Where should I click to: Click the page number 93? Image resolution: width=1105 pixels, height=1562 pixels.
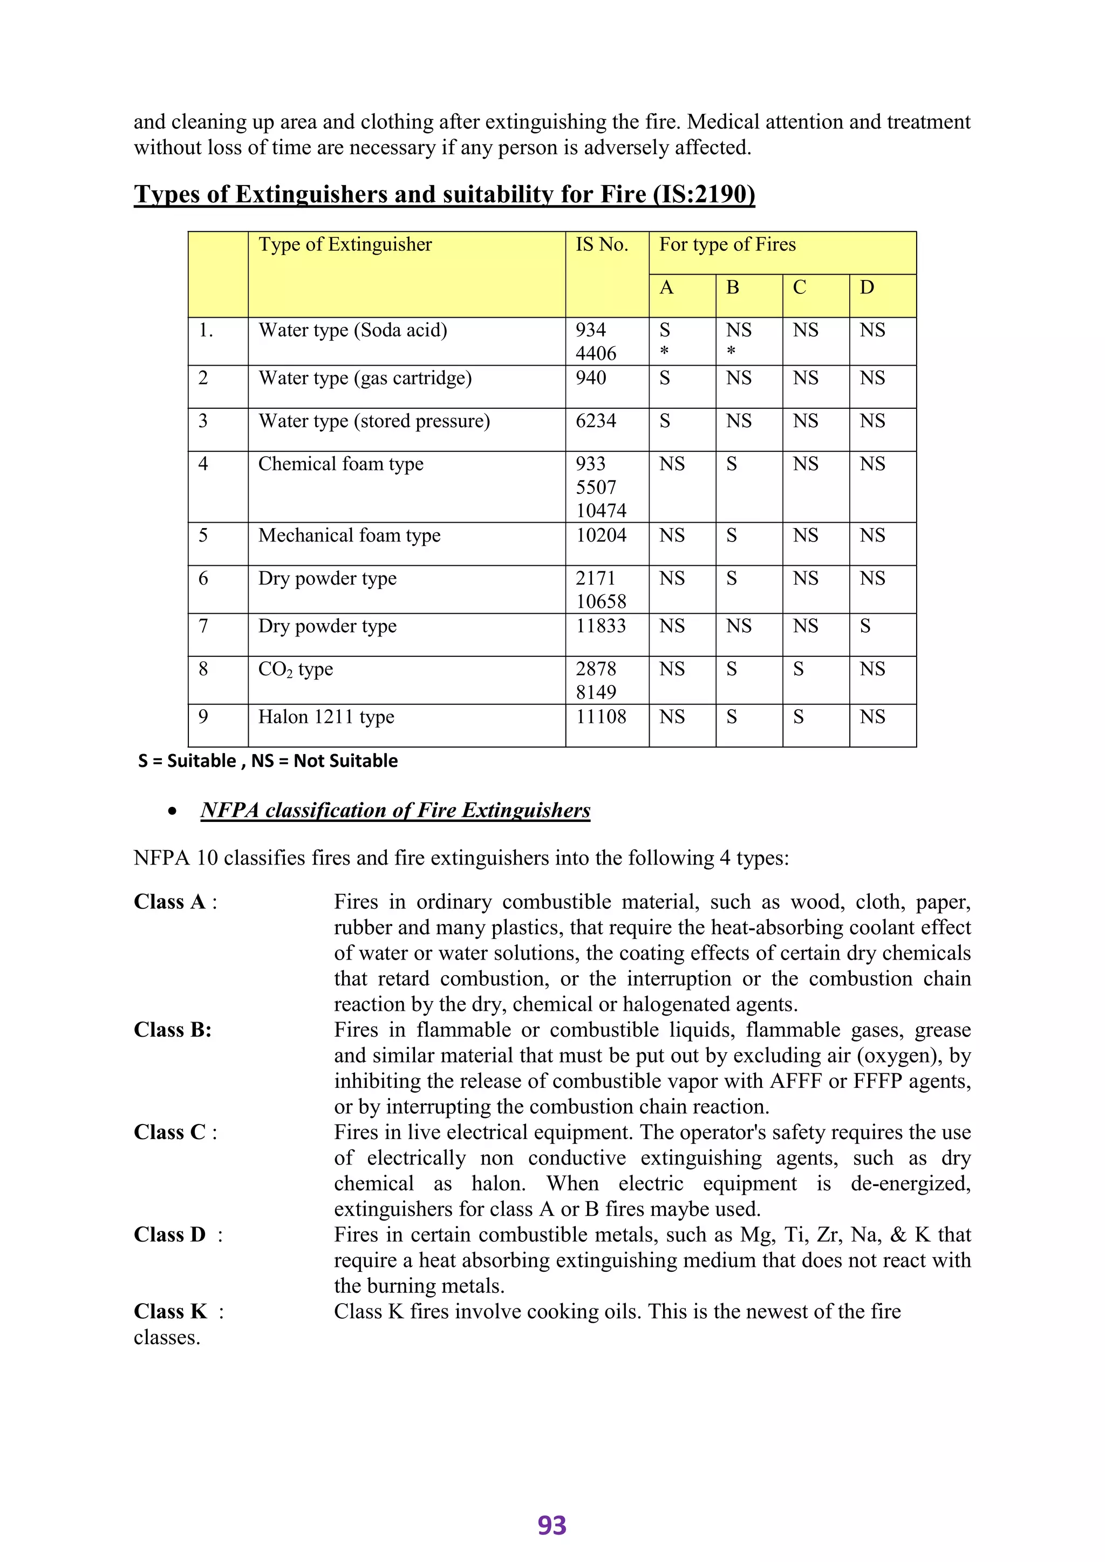click(552, 1525)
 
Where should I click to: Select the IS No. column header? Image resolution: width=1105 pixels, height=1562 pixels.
click(602, 245)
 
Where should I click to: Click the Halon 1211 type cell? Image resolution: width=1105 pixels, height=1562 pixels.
click(326, 717)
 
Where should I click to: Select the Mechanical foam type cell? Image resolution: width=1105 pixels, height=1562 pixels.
click(349, 536)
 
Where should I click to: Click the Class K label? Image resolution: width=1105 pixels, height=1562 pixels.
click(170, 1311)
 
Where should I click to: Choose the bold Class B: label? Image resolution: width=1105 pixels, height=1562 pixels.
click(173, 1030)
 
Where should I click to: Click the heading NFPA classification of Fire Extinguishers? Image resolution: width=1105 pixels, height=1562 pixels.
click(395, 810)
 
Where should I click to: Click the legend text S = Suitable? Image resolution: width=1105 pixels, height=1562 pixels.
click(187, 761)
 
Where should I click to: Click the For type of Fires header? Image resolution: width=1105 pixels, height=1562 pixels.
click(727, 245)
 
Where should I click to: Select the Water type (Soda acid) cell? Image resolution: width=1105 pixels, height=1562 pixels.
click(352, 331)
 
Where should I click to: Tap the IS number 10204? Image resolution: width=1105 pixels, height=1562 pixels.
click(601, 536)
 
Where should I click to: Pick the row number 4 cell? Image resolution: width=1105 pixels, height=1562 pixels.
click(203, 464)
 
